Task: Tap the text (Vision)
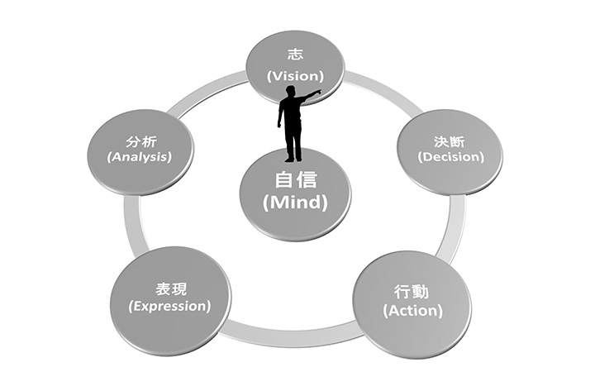[294, 75]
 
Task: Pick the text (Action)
[413, 311]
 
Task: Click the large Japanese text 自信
[295, 181]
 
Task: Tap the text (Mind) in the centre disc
[295, 201]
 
